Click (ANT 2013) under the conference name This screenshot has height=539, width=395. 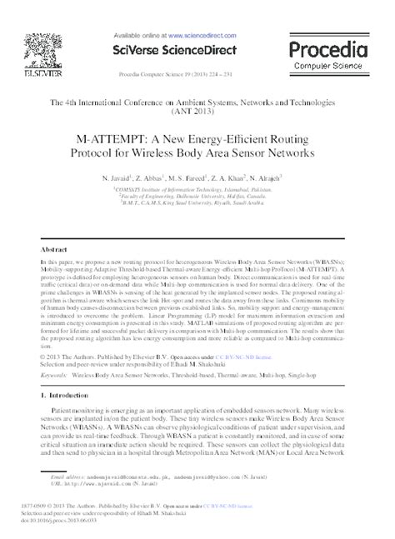(197, 108)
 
